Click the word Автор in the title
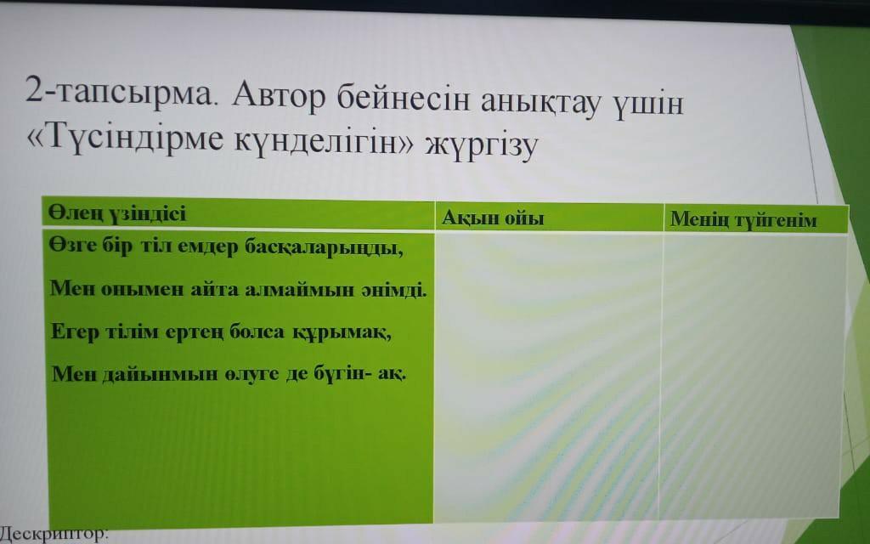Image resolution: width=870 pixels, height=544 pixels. pos(279,96)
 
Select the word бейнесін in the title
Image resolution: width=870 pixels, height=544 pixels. pos(403,99)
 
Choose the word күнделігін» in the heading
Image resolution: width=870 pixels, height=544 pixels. pos(324,142)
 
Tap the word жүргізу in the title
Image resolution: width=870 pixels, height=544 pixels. pos(482,144)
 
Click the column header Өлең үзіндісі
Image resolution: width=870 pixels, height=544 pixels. pos(117,213)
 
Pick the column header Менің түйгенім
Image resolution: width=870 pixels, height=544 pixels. pos(743,220)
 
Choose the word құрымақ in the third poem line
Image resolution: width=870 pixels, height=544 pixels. pos(340,332)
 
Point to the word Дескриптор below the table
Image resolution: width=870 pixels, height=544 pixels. pos(52,534)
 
